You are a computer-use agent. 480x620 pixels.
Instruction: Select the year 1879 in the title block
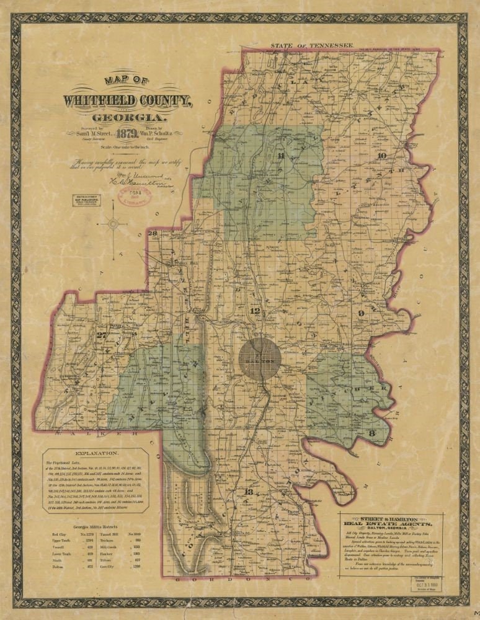point(130,133)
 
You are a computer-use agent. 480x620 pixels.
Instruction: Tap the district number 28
point(154,233)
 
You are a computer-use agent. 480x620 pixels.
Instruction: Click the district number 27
point(102,337)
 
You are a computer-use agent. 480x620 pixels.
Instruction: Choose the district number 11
point(282,156)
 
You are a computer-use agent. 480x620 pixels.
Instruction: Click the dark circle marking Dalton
point(260,358)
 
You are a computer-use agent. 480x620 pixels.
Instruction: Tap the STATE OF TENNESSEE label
point(311,45)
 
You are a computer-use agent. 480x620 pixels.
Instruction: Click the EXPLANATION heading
point(96,454)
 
